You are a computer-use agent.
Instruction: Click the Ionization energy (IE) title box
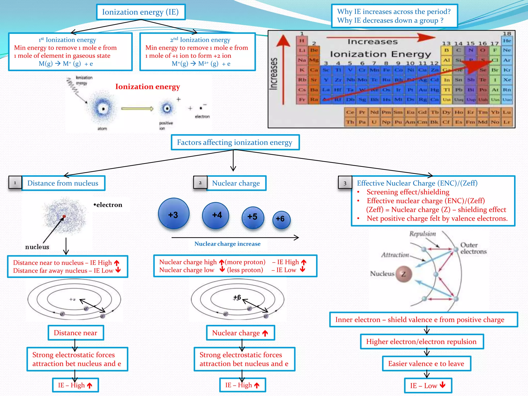141,12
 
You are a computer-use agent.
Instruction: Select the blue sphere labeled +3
174,214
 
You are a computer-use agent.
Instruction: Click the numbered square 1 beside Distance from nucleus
15,183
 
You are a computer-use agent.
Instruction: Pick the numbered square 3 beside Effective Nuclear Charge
345,183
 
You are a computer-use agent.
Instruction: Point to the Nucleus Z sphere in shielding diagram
403,274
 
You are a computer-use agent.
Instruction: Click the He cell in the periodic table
507,41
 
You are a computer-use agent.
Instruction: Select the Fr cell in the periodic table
302,100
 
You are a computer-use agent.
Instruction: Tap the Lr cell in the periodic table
507,122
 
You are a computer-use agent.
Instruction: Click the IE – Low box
428,385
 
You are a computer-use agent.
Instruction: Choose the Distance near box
76,333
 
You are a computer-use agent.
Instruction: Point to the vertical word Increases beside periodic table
274,74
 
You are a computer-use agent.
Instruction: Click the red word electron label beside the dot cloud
108,205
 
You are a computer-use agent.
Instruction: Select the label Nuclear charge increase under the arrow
227,244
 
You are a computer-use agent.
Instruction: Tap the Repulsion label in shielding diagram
423,234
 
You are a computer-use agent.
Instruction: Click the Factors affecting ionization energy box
235,142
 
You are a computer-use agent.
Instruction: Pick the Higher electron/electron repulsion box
422,342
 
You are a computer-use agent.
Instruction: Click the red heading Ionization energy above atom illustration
147,87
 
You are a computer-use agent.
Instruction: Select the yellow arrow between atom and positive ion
137,109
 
